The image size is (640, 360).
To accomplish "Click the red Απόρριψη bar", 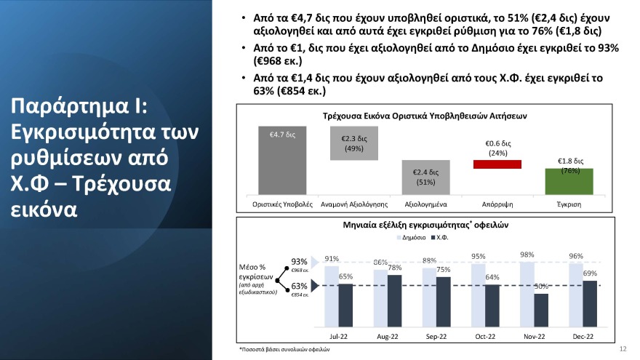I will pos(497,164).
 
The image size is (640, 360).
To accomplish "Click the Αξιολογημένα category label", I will pos(425,204).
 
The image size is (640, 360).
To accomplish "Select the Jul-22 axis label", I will pos(339,337).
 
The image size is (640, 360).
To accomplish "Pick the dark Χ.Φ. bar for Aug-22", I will pos(395,300).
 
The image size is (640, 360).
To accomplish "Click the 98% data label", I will pos(527,255).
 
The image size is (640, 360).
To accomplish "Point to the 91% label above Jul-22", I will pos(332,259).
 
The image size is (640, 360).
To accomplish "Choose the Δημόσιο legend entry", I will pos(412,239).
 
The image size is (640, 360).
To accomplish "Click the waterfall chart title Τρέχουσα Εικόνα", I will pos(425,116).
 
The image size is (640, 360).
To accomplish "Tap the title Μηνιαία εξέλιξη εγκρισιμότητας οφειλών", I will pos(425,225).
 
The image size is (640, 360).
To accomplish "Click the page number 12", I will pos(623,349).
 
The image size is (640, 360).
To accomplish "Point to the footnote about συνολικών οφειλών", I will pos(284,350).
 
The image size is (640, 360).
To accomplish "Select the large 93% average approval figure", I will pos(299,262).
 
